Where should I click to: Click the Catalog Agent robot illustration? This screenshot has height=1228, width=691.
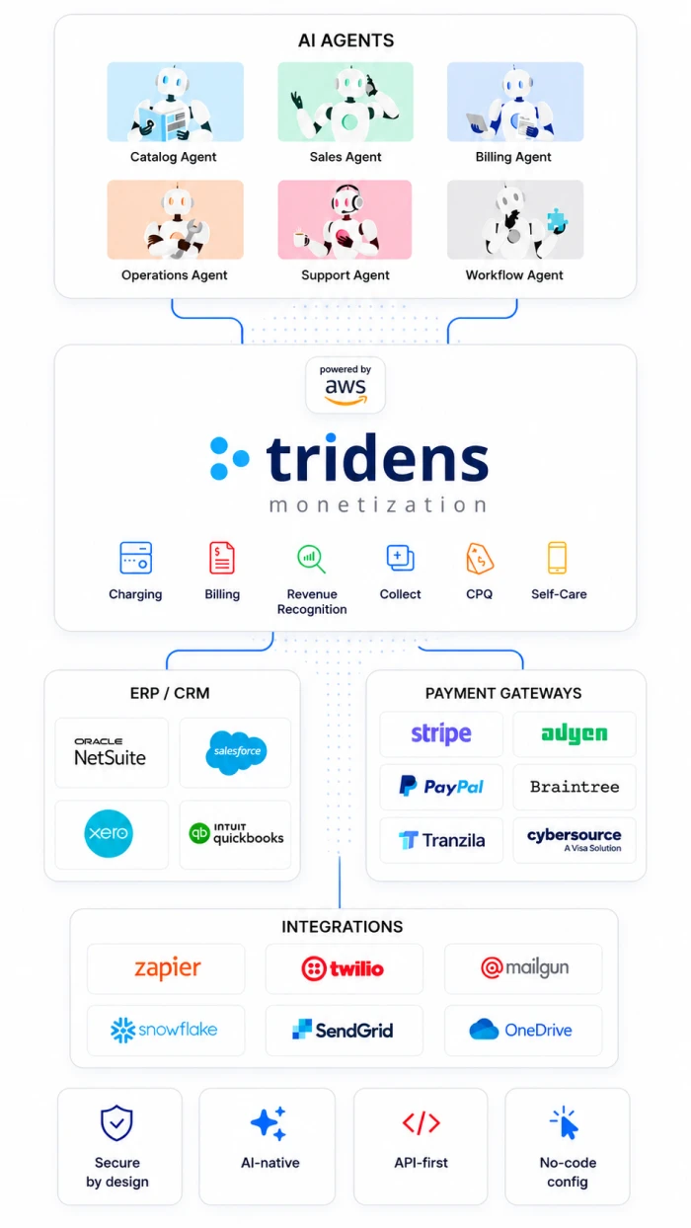tap(175, 102)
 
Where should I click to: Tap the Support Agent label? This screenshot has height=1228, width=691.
tap(345, 275)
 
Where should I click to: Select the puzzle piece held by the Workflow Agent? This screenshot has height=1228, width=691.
tap(557, 220)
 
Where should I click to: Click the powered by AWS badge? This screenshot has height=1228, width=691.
tap(345, 385)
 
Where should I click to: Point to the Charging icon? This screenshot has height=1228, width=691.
tap(135, 558)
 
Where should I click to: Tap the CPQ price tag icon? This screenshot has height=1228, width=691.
tap(480, 559)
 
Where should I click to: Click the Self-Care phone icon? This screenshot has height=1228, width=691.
tap(557, 558)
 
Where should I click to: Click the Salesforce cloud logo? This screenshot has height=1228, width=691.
tap(236, 752)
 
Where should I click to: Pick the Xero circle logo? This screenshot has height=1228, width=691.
tap(109, 833)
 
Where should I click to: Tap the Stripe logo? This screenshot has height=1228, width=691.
tap(441, 733)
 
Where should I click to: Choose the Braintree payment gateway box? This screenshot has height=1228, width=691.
tap(575, 787)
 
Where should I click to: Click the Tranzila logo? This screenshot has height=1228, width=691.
tap(442, 840)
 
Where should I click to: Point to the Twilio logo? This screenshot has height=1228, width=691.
tap(343, 968)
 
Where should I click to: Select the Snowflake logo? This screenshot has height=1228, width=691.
tap(164, 1030)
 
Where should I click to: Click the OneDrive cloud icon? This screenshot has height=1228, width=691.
tap(484, 1029)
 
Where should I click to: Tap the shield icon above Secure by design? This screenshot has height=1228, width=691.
tap(116, 1123)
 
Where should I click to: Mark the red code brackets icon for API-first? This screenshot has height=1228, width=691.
tap(422, 1123)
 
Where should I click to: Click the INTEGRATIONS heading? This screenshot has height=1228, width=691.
tap(343, 927)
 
